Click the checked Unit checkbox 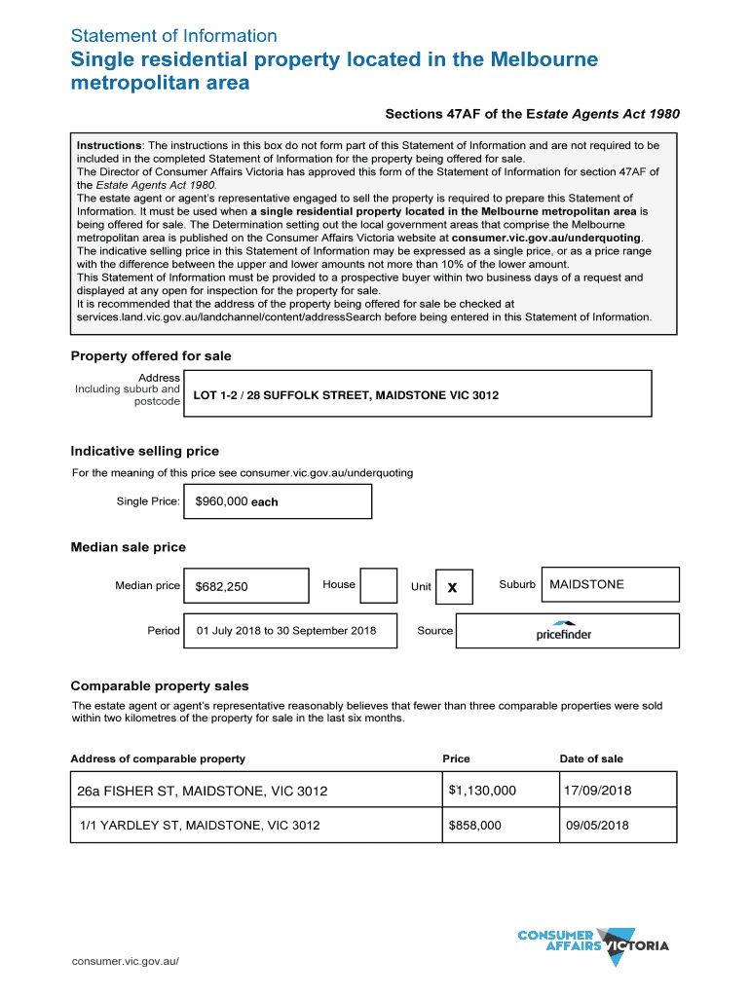(x=453, y=586)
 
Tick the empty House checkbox (x=378, y=586)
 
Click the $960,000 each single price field (x=277, y=501)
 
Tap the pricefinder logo (x=563, y=631)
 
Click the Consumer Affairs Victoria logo (x=593, y=943)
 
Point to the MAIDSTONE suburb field (x=609, y=584)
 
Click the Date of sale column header (x=591, y=758)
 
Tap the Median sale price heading (x=128, y=547)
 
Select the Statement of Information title (x=173, y=36)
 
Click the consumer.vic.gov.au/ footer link (x=126, y=961)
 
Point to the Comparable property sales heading (x=160, y=685)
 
